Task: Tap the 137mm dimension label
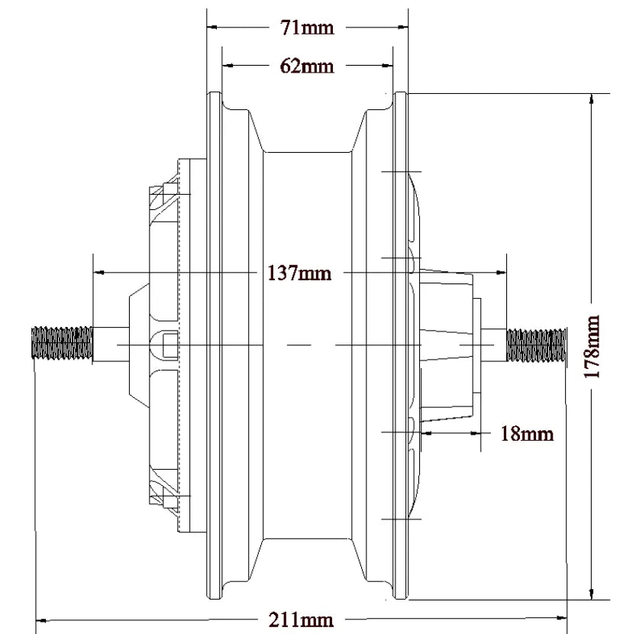[x=299, y=273]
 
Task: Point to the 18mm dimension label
[x=527, y=434]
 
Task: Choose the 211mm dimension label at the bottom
[x=302, y=619]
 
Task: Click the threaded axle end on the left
[x=61, y=343]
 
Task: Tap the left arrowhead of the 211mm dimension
[x=43, y=619]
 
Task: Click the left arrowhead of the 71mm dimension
[x=214, y=29]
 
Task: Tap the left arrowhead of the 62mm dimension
[x=228, y=66]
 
